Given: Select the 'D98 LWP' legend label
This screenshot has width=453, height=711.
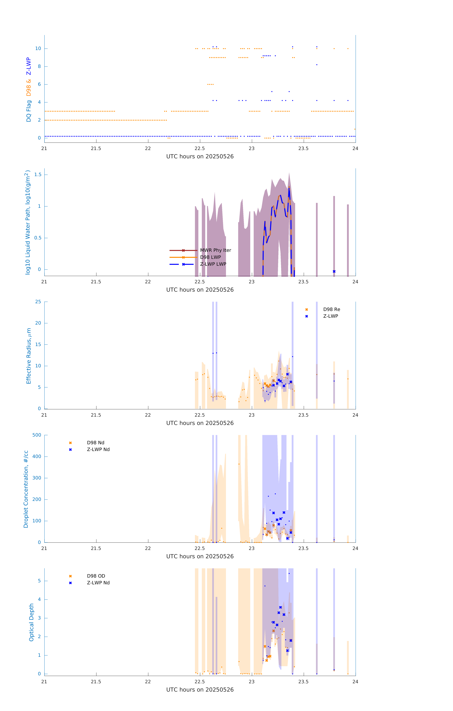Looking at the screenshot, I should [210, 257].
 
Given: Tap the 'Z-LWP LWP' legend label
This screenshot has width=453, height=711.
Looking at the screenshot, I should [213, 264].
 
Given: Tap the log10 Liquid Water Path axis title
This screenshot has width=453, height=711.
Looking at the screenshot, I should [27, 222].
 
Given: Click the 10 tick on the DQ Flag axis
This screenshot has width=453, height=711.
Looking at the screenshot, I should [38, 48].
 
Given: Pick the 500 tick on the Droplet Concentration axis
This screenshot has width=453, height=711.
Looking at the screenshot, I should [37, 435].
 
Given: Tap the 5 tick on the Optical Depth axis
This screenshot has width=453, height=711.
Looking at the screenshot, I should [39, 581].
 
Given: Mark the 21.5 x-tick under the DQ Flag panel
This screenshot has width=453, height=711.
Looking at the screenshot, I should [96, 148].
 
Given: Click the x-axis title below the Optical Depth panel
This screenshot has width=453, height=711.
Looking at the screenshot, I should [200, 690].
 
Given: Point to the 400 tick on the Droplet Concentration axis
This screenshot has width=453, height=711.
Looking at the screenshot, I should [37, 456].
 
